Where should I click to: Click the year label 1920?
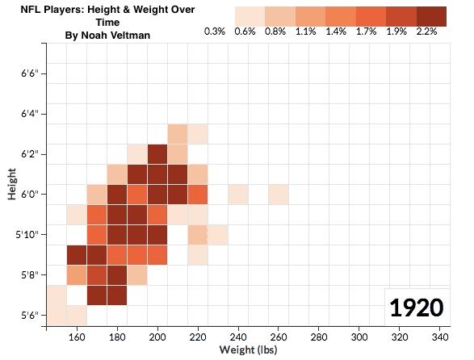point(416,308)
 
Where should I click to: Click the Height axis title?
point(12,184)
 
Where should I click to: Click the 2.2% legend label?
point(427,31)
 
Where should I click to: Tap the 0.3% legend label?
point(214,31)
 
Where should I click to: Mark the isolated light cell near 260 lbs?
point(279,195)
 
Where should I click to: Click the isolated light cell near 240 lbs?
point(238,195)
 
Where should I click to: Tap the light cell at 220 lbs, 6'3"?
point(198,134)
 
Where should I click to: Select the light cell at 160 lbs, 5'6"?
point(77,313)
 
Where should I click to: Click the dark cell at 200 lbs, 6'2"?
point(157,154)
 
